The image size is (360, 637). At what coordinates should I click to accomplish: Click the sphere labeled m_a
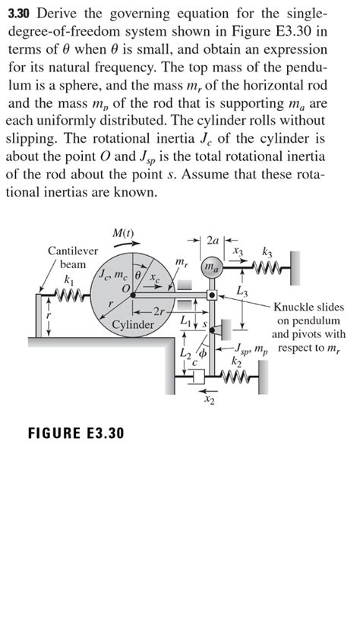[x=212, y=267]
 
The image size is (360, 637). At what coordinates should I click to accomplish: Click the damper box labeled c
[x=199, y=377]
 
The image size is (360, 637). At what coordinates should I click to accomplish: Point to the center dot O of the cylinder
[x=132, y=295]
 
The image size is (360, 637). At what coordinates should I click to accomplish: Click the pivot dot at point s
[x=212, y=330]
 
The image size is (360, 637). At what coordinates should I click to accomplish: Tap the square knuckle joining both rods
[x=212, y=295]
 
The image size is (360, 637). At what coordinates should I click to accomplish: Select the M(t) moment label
[x=123, y=234]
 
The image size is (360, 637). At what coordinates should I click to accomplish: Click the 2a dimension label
[x=213, y=240]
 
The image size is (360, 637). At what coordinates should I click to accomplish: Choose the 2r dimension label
[x=157, y=312]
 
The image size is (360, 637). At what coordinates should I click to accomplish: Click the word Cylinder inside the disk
[x=133, y=325]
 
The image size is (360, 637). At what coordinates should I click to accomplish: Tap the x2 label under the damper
[x=208, y=401]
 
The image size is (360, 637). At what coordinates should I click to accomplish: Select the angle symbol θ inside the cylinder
[x=137, y=276]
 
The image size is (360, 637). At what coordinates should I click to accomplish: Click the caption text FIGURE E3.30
[x=76, y=433]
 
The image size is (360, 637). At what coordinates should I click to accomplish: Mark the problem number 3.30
[x=21, y=14]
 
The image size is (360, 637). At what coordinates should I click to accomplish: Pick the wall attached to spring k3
[x=295, y=268]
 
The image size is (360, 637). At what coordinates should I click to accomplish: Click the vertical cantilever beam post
[x=39, y=316]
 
